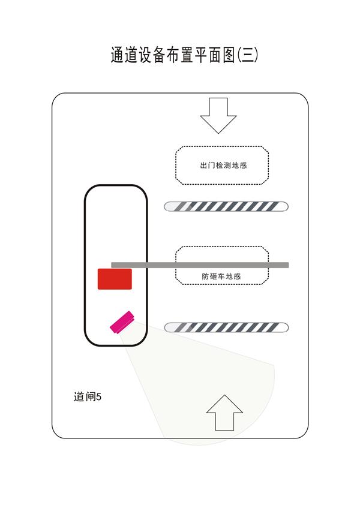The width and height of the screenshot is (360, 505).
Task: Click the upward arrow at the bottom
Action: (224, 413)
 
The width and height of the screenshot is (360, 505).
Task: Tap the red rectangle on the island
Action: (115, 279)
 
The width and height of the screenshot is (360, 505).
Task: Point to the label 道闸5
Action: (88, 396)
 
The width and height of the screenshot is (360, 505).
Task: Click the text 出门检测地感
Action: (223, 165)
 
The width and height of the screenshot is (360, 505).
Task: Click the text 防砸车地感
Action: (221, 276)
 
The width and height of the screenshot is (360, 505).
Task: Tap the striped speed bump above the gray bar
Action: (226, 206)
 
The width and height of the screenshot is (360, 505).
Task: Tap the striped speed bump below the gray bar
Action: (226, 327)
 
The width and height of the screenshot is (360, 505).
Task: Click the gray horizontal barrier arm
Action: (200, 265)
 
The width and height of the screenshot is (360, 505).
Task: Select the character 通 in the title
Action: (118, 55)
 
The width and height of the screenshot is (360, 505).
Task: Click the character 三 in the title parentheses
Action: (248, 55)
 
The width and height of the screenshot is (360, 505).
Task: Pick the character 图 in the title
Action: (229, 55)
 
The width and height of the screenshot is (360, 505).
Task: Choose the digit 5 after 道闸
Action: (99, 397)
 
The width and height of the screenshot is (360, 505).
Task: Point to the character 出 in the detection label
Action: (203, 165)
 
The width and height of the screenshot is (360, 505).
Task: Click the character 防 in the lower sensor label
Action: (206, 276)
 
